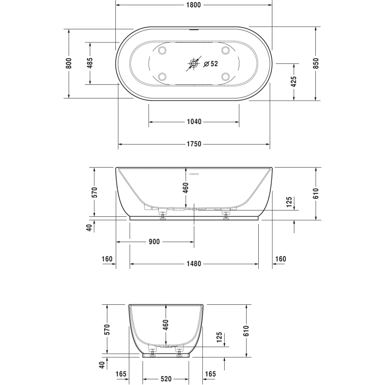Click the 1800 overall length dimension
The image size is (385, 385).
193,5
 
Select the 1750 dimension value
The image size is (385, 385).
194,144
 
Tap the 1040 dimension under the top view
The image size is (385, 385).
194,122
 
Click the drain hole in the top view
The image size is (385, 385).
194,64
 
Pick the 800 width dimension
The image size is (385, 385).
69,63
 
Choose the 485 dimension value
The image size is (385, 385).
90,63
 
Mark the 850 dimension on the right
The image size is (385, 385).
315,63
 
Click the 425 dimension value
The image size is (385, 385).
294,81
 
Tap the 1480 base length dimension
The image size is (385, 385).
194,264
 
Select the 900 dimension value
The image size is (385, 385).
154,242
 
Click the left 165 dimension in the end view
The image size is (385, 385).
122,375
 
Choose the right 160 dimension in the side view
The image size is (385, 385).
281,259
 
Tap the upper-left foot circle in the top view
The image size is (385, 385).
161,51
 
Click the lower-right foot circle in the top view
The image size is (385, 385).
227,76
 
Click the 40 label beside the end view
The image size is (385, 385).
101,365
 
